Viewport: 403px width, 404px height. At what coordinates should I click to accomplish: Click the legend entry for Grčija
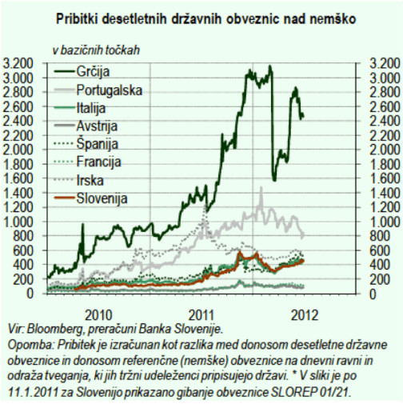pos(93,71)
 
